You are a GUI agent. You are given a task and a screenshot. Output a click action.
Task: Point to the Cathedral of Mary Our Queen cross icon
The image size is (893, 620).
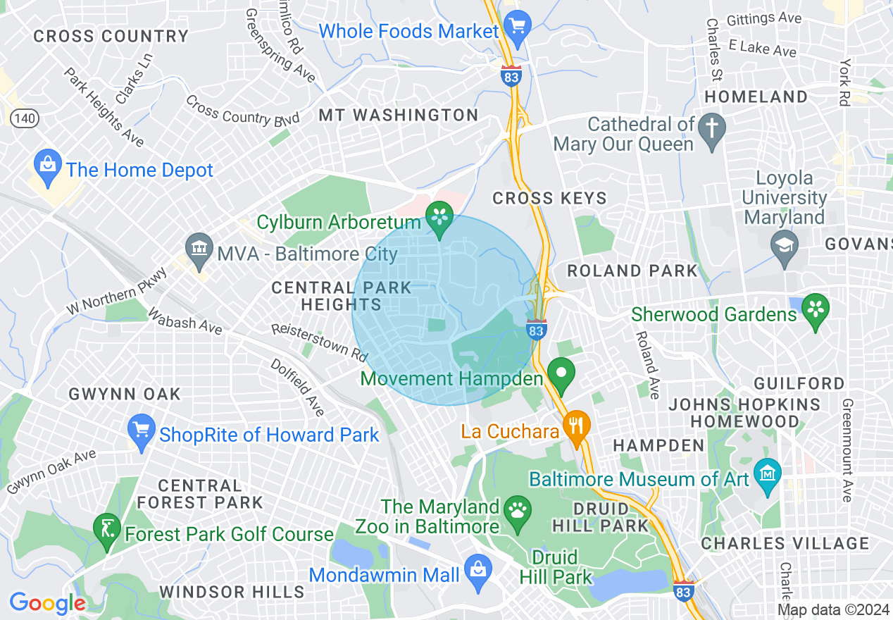click(x=713, y=130)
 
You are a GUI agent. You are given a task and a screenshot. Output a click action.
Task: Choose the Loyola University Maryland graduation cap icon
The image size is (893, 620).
click(x=783, y=245)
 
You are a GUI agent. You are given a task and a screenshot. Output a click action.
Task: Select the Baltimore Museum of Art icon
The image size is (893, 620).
click(x=766, y=471)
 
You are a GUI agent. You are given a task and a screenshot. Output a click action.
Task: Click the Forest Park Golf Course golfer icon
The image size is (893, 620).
click(x=107, y=528)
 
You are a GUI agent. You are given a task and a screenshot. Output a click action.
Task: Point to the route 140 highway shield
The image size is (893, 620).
click(x=25, y=118)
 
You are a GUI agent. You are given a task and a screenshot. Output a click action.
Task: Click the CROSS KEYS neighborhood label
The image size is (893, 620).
click(x=549, y=199)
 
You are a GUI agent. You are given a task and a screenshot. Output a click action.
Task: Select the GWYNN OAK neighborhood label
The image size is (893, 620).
click(x=125, y=394)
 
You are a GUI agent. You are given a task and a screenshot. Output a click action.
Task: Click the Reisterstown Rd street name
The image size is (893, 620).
click(x=320, y=339)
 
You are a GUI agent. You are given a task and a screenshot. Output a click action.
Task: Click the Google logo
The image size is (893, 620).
click(x=47, y=603)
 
